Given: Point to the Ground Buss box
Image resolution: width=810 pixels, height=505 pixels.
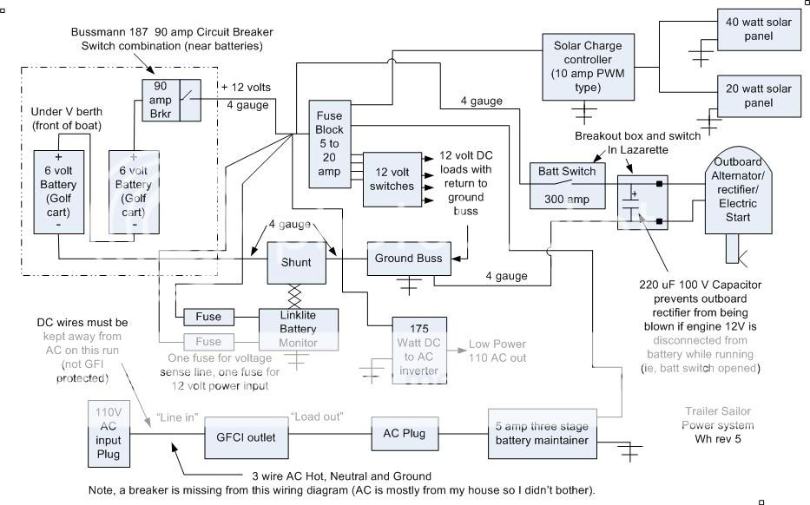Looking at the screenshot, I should coord(408,259).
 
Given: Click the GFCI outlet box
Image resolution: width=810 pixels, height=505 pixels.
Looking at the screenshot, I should coord(247,436).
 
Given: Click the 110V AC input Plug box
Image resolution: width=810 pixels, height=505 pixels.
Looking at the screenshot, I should coord(110,433).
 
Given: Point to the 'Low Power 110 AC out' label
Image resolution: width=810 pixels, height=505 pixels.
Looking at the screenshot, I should coord(497,350).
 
